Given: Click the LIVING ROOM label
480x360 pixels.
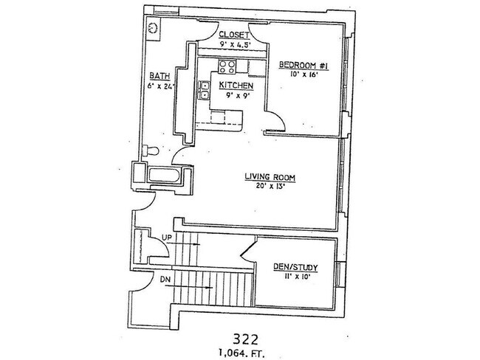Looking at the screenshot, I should pyautogui.click(x=270, y=177).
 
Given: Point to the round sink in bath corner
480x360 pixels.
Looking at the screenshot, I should pyautogui.click(x=152, y=28).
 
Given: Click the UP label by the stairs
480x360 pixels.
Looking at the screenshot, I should pyautogui.click(x=166, y=238).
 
